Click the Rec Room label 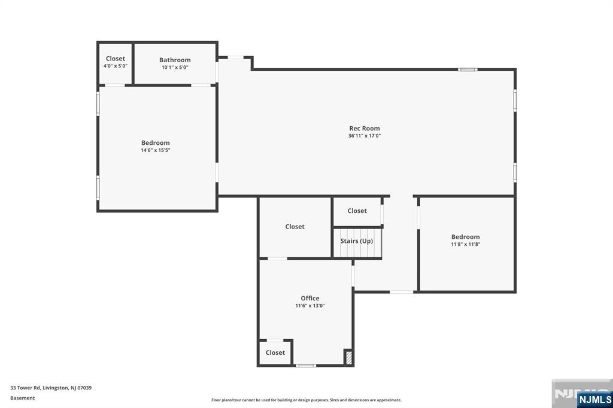point(364,128)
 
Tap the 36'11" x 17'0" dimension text point(364,136)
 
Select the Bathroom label point(175,60)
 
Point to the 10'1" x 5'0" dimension point(175,68)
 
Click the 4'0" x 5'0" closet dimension point(116,66)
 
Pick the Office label point(309,298)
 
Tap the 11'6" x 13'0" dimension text point(309,306)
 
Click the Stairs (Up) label point(357,240)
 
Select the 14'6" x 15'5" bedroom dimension point(156,150)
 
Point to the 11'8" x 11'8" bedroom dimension point(465,244)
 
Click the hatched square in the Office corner point(348,357)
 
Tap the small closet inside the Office point(275,352)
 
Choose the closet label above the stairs point(357,211)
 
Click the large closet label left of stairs point(295,226)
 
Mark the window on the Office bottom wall point(306,365)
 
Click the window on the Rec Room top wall point(468,69)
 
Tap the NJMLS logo point(594,399)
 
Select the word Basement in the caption point(23,398)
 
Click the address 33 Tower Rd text point(51,388)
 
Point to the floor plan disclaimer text point(306,400)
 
